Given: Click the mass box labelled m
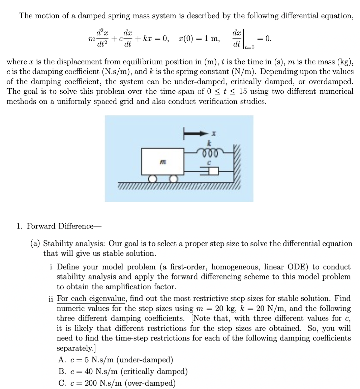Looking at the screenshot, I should [162, 162].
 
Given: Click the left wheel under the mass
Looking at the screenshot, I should [152, 179].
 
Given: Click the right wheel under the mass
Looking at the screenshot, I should [173, 179].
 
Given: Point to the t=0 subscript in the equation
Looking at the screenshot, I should [249, 48].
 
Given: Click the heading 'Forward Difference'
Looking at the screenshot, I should [60, 226].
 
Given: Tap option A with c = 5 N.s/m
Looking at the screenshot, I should [116, 360].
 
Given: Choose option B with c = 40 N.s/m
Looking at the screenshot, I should [123, 371].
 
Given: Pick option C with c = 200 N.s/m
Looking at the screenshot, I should [117, 383].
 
